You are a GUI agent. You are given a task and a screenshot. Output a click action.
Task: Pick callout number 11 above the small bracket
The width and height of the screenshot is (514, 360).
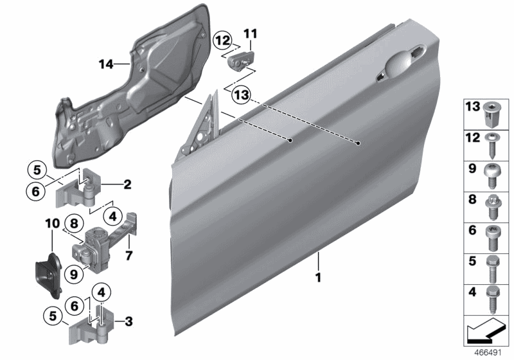tap(250, 32)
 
